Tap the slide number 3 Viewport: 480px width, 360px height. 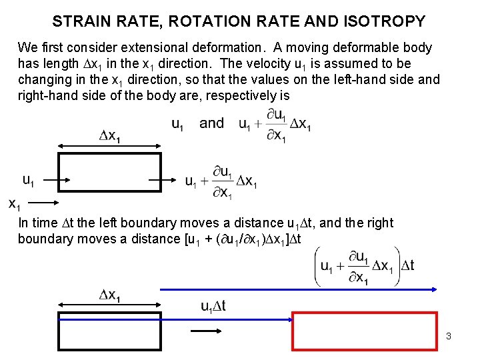(449, 336)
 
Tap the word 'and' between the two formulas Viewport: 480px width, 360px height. (212, 123)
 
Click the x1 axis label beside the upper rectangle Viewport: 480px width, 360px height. (14, 203)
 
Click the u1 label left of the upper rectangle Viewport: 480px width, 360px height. (29, 179)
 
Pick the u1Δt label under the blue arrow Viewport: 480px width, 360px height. (213, 306)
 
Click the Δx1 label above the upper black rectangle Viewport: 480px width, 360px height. (110, 137)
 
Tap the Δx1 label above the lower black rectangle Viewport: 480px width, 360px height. (110, 295)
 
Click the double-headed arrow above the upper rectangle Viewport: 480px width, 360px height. (110, 148)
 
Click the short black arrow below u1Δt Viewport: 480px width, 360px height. (206, 330)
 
